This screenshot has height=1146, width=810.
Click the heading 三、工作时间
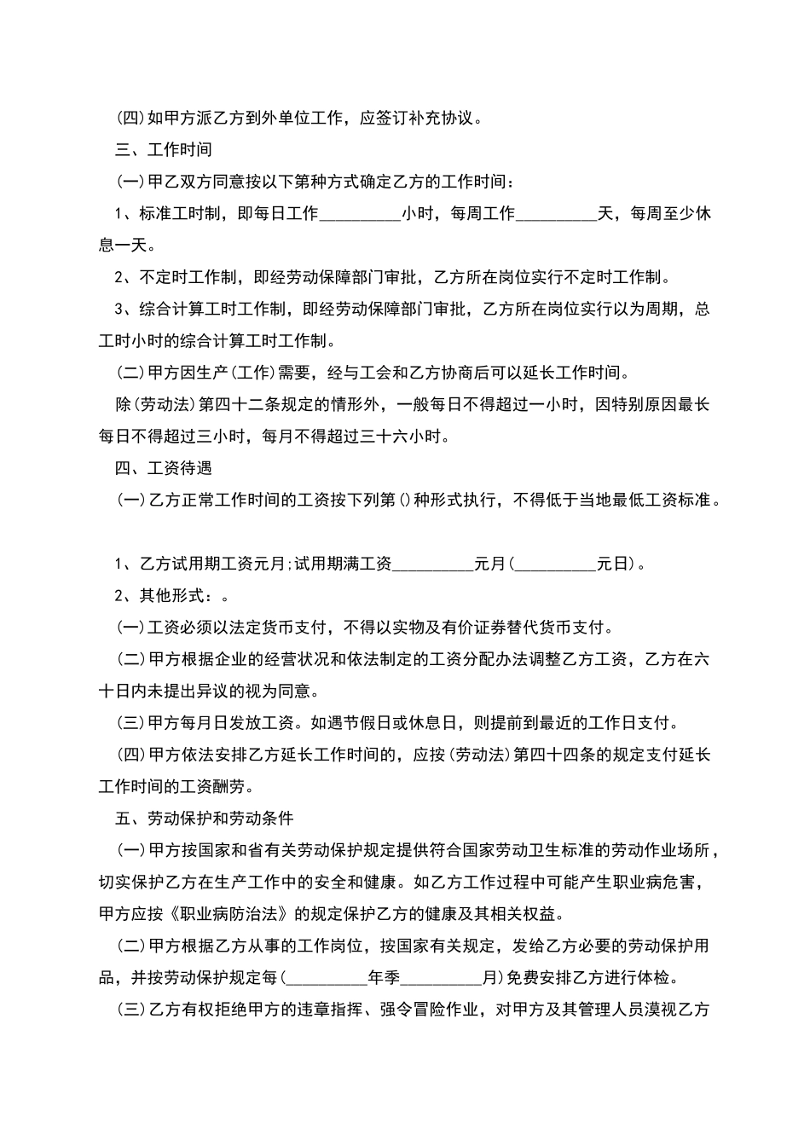pos(163,149)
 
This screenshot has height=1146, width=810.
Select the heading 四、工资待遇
pos(163,468)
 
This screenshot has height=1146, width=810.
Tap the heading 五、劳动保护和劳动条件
pos(204,818)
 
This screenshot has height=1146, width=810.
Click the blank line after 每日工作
pos(359,215)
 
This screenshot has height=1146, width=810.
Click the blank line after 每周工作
pos(556,215)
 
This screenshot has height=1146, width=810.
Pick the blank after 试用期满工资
pos(432,564)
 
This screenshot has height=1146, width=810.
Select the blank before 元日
pos(555,564)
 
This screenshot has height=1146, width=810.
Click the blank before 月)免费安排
pos(442,979)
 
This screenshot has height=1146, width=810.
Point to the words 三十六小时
pos(401,437)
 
